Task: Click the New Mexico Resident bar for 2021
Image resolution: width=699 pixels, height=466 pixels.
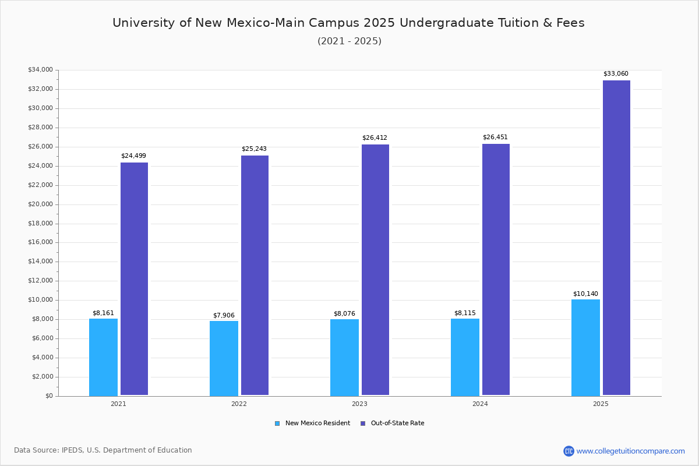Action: [x=103, y=357]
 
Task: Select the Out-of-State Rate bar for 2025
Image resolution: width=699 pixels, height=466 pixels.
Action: [x=616, y=238]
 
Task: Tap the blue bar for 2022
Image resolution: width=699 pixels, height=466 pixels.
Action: [x=224, y=358]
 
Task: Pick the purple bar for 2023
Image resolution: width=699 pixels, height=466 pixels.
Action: [x=375, y=270]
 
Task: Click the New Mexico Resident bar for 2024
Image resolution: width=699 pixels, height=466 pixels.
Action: [x=465, y=357]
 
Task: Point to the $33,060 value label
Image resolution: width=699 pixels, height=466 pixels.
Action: [x=616, y=74]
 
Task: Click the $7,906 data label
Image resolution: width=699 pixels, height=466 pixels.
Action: [x=224, y=316]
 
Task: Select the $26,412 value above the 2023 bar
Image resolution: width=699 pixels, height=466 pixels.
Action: [x=375, y=138]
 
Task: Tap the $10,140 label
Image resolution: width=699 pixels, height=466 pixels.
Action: [x=585, y=294]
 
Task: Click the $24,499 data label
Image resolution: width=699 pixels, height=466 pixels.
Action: [x=133, y=156]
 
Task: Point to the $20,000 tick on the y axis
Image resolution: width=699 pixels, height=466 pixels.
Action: [x=40, y=204]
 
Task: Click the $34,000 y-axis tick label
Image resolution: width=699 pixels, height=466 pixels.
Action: [x=40, y=70]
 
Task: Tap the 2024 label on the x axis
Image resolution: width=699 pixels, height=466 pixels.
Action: [x=480, y=404]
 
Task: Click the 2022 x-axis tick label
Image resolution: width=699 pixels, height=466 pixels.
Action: [x=239, y=404]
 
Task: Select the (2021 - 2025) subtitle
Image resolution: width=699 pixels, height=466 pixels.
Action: [x=349, y=41]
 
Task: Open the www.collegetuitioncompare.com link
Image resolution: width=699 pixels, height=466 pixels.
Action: [x=630, y=451]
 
